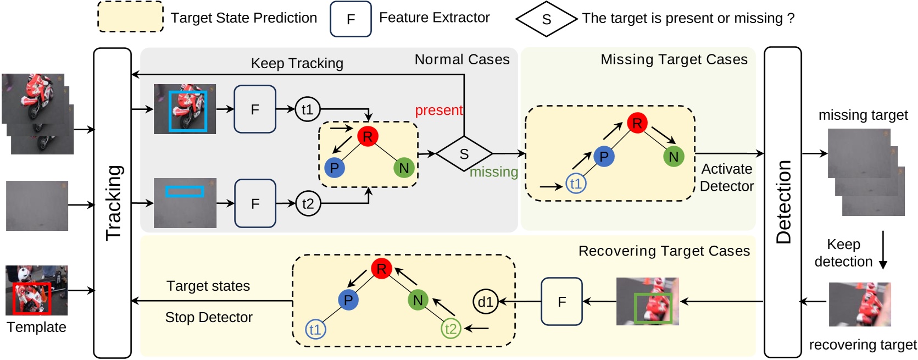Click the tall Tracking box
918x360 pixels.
coord(113,203)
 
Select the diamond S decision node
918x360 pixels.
coord(464,154)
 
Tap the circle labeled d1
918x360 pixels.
coord(485,302)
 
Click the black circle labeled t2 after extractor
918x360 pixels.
coord(308,204)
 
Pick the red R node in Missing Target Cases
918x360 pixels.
coord(637,123)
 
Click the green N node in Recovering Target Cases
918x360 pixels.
coord(418,300)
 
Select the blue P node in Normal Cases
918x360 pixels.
coord(334,168)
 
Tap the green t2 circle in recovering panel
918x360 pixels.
coord(450,329)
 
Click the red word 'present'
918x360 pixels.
coord(439,110)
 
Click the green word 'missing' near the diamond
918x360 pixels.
coord(494,172)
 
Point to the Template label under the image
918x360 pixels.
coord(36,328)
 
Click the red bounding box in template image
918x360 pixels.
coord(31,299)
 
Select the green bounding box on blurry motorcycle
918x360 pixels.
coord(653,308)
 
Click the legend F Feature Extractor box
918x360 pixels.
coord(350,19)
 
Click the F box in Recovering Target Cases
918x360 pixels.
coord(561,302)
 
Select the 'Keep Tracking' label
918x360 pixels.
coord(297,63)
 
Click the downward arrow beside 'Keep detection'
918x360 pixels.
coord(883,250)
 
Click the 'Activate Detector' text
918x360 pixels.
coord(726,178)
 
